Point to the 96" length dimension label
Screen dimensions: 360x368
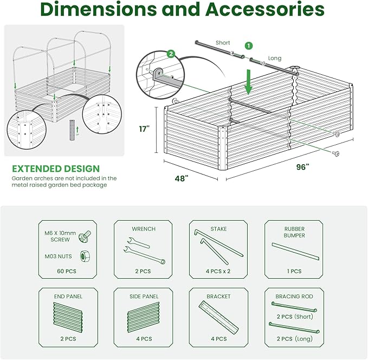(303, 167)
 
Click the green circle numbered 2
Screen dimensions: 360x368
(171, 54)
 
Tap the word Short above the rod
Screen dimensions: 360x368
(223, 42)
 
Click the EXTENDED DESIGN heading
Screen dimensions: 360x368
(56, 169)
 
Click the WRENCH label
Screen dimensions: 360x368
(144, 229)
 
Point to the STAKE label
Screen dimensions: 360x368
(218, 229)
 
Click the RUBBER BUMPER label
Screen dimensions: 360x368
(294, 232)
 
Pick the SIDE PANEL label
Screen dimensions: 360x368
(144, 297)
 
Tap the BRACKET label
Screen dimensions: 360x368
(218, 297)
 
